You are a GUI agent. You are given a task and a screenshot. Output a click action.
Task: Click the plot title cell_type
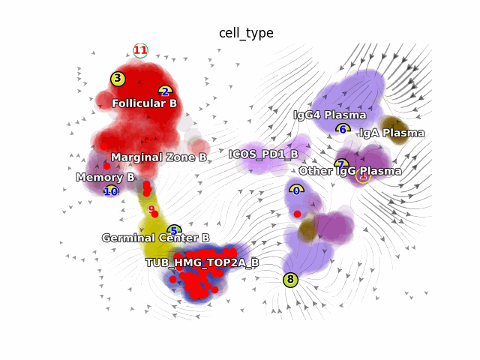point(246,33)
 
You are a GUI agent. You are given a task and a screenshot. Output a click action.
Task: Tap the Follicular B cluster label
point(144,103)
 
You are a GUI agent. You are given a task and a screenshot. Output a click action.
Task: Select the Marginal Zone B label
point(159,157)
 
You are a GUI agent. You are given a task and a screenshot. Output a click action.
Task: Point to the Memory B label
point(105,178)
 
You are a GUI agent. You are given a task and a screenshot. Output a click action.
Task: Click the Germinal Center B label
point(155,238)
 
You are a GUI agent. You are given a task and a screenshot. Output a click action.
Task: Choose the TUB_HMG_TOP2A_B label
point(202,262)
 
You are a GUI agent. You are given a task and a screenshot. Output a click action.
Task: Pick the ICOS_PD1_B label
point(263,154)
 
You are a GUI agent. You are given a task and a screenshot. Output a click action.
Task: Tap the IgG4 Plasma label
point(329,115)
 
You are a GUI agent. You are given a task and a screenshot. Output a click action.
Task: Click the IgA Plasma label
point(391,133)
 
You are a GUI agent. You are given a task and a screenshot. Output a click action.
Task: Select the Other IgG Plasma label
point(349,171)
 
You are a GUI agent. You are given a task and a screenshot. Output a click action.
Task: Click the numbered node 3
point(118,78)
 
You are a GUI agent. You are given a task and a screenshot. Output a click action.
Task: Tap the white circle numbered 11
point(140,50)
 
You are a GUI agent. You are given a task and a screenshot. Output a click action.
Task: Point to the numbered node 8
point(290,280)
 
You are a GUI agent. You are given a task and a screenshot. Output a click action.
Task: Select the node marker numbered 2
point(165,91)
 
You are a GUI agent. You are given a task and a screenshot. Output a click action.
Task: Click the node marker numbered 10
point(111,191)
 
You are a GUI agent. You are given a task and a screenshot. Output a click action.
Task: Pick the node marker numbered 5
point(174,231)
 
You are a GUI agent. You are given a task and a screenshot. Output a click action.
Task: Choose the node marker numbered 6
point(343,129)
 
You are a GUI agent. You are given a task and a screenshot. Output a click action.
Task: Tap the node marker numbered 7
point(341,164)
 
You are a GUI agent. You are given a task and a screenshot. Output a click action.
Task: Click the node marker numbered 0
point(296,190)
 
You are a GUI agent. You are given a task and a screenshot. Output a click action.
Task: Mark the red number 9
point(151,209)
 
